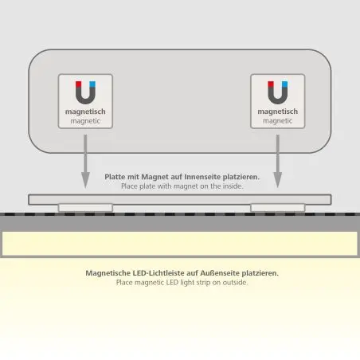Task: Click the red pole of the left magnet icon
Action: [79, 84]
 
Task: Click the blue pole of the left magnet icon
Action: [92, 84]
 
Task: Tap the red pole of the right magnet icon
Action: [271, 84]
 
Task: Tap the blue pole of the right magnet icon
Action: [284, 84]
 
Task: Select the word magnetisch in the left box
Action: [85, 112]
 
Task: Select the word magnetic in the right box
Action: [278, 121]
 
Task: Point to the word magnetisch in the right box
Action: [278, 112]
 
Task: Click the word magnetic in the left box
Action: [85, 121]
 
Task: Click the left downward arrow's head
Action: [85, 180]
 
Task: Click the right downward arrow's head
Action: [278, 180]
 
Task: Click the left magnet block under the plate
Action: [85, 208]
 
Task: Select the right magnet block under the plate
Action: [278, 208]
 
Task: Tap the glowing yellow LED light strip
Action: [180, 243]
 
